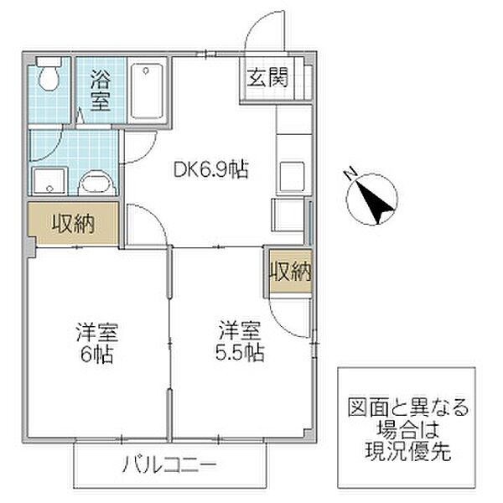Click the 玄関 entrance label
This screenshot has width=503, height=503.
tap(267, 80)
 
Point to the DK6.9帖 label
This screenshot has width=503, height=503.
tap(210, 170)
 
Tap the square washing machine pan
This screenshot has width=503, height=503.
tap(44, 179)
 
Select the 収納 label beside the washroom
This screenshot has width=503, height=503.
tap(73, 224)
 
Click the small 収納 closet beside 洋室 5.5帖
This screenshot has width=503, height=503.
tap(290, 271)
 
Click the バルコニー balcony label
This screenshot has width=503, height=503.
tap(171, 464)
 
